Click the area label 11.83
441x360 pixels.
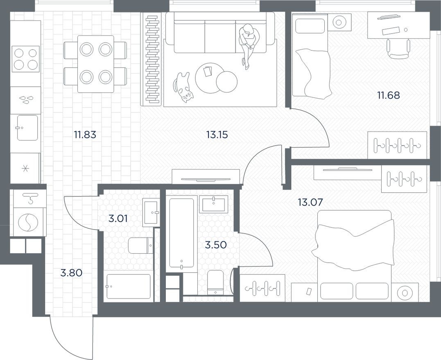click(85, 134)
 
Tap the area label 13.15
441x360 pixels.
click(217, 134)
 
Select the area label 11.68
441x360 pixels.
click(388, 95)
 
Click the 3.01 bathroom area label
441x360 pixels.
click(118, 218)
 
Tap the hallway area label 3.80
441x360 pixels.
click(71, 272)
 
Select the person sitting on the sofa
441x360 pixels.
click(248, 43)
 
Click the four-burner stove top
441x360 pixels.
click(25, 59)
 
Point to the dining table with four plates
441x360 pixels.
click(95, 63)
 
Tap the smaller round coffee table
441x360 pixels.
click(226, 82)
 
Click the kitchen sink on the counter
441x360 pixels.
click(27, 128)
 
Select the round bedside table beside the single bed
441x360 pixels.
click(339, 21)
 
